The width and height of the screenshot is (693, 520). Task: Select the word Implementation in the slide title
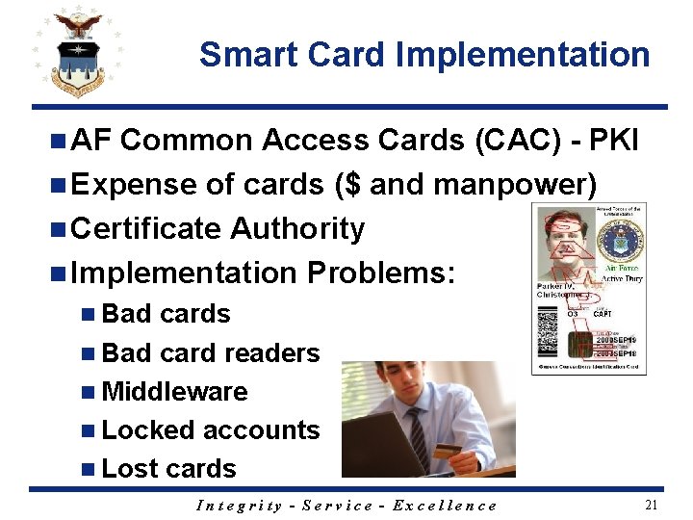pyautogui.click(x=525, y=55)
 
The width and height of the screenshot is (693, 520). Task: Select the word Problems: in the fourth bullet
pyautogui.click(x=379, y=273)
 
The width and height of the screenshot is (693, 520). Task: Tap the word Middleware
pyautogui.click(x=173, y=392)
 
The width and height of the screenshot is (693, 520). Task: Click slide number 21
pyautogui.click(x=651, y=505)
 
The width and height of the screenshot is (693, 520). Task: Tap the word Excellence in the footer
pyautogui.click(x=447, y=506)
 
